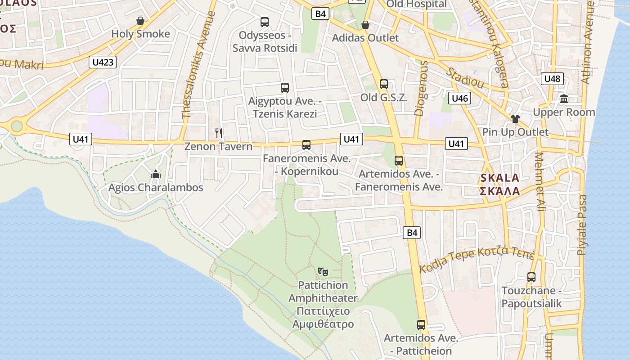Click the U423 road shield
click(x=103, y=62)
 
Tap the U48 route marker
click(x=552, y=79)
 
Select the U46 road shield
click(x=459, y=98)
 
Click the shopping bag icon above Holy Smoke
click(x=140, y=21)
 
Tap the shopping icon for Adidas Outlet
click(x=365, y=25)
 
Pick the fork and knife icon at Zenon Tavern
click(x=219, y=133)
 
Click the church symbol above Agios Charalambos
click(x=156, y=174)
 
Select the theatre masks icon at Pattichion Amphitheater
click(x=323, y=272)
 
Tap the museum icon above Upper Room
click(x=564, y=99)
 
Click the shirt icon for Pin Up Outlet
click(x=515, y=119)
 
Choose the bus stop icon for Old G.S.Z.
click(x=384, y=84)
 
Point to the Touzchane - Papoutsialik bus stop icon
click(x=531, y=277)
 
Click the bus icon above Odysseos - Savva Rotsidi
click(x=265, y=22)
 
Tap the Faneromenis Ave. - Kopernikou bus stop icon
click(x=306, y=145)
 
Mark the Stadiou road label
click(x=465, y=78)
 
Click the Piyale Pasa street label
click(x=583, y=225)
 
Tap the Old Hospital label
click(x=416, y=4)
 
